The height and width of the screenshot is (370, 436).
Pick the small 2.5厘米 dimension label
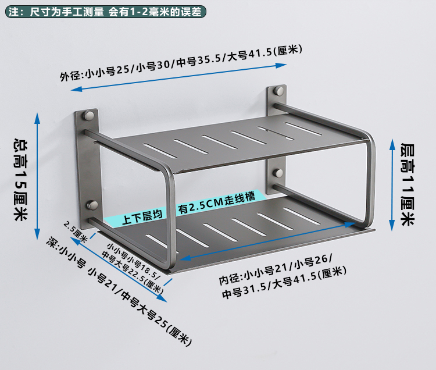(x=75, y=232)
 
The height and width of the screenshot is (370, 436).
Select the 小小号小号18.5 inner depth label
(x=131, y=267)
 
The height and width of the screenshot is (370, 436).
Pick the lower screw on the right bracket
(x=279, y=173)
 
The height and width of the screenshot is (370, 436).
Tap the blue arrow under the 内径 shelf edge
(x=273, y=259)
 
